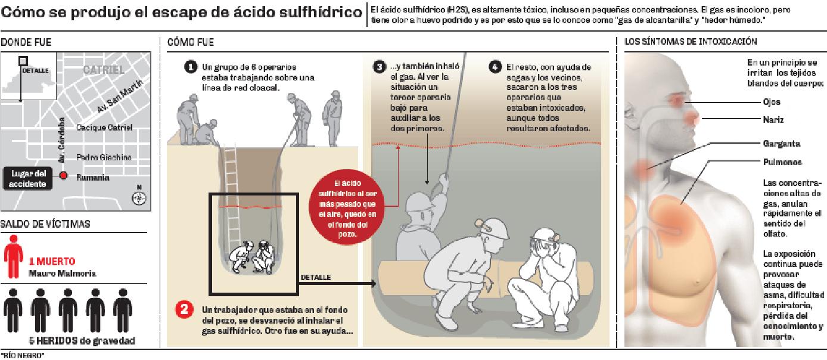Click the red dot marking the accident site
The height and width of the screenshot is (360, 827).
pyautogui.click(x=64, y=176)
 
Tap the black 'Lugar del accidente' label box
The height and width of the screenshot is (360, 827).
pyautogui.click(x=28, y=179)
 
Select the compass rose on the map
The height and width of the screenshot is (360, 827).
pyautogui.click(x=139, y=198)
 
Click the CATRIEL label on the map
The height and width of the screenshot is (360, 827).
pyautogui.click(x=104, y=70)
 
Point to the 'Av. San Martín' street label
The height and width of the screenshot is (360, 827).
pyautogui.click(x=120, y=97)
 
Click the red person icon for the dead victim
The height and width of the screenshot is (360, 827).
pyautogui.click(x=13, y=256)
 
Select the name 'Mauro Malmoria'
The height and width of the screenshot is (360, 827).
pyautogui.click(x=63, y=274)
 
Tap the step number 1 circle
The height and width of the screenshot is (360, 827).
pyautogui.click(x=191, y=67)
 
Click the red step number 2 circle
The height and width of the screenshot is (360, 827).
pyautogui.click(x=184, y=309)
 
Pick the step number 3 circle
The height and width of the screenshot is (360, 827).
pyautogui.click(x=380, y=67)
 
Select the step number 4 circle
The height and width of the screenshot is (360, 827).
pyautogui.click(x=495, y=67)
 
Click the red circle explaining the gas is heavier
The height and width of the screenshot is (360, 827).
pyautogui.click(x=347, y=207)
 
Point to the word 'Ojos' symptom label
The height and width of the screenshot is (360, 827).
pyautogui.click(x=772, y=103)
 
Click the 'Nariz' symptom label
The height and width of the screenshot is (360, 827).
pyautogui.click(x=773, y=120)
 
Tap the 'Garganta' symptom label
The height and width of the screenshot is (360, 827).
pyautogui.click(x=782, y=144)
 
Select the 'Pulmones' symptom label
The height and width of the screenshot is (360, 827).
pyautogui.click(x=782, y=162)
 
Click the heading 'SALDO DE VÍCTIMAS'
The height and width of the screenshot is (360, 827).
pyautogui.click(x=45, y=224)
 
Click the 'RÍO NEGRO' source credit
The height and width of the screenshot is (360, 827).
pyautogui.click(x=22, y=356)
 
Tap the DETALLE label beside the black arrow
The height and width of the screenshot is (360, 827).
pyautogui.click(x=316, y=278)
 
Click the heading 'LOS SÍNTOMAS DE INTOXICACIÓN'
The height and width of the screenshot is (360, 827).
pyautogui.click(x=691, y=41)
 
